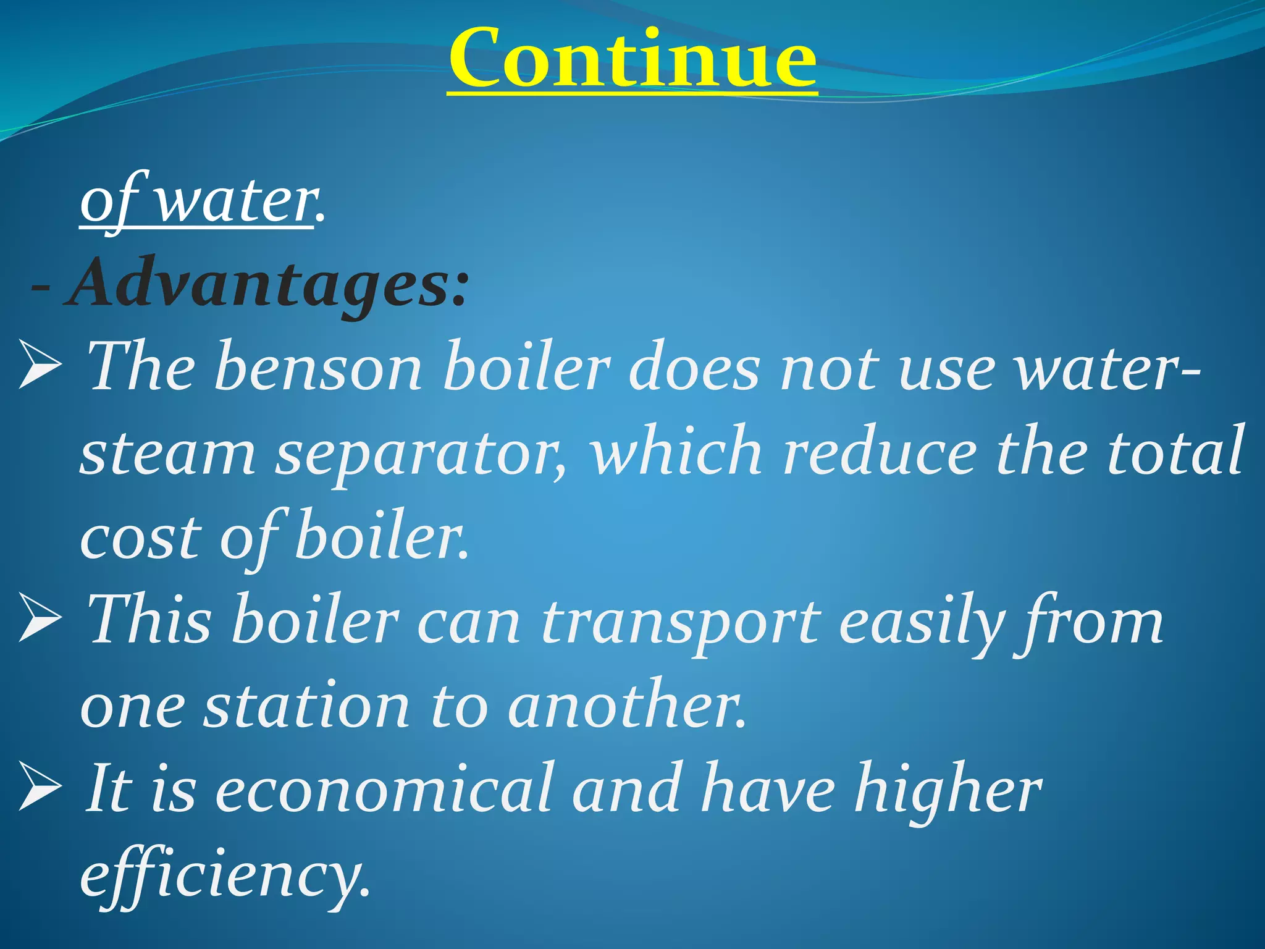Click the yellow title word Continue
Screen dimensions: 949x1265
point(632,59)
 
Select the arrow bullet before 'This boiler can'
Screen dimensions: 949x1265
point(41,617)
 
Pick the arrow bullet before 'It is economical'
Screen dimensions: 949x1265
point(41,786)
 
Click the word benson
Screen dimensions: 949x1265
point(318,367)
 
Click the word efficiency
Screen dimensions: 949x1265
point(225,874)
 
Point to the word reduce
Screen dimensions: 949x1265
point(880,452)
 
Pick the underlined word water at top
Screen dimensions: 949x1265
point(235,201)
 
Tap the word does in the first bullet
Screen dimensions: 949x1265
point(695,367)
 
